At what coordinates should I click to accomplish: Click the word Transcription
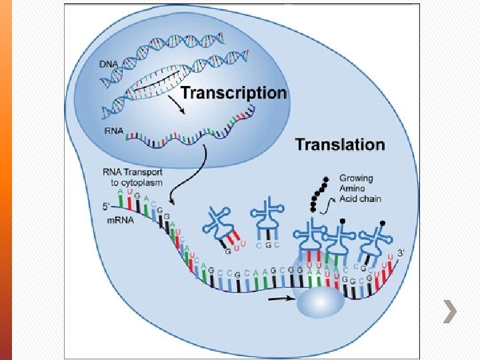233,93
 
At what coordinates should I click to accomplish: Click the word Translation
340,145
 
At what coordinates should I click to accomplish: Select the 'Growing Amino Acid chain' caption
356,189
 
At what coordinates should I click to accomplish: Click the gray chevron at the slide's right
451,311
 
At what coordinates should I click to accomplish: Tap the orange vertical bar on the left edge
5,180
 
